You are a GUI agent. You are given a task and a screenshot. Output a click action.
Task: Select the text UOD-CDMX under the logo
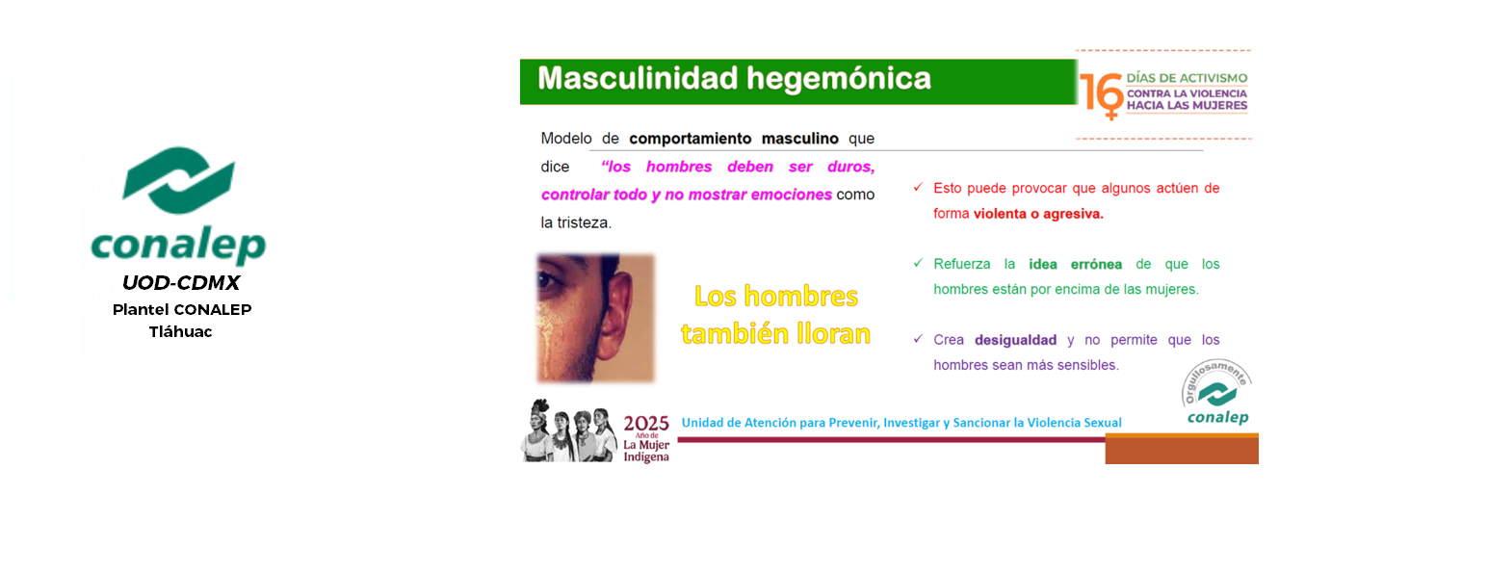tap(181, 283)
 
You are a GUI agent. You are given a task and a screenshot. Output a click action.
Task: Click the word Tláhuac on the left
tap(181, 332)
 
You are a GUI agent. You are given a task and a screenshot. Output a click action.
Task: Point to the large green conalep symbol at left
tap(179, 180)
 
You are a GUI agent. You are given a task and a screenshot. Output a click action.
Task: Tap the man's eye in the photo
tap(547, 280)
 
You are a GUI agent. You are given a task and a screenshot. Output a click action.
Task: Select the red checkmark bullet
tap(918, 187)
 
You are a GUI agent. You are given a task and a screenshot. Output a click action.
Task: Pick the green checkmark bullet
tap(918, 263)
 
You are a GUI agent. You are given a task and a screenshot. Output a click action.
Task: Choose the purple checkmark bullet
tap(918, 339)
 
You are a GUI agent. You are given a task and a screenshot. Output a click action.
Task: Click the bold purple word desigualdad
tap(1015, 340)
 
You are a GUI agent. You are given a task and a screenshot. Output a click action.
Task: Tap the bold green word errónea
tap(1096, 264)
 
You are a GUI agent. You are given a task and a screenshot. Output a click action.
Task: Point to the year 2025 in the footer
tap(645, 423)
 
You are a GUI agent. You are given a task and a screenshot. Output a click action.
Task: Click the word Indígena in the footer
tap(645, 456)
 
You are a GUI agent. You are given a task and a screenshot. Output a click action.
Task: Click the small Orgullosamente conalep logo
tap(1216, 392)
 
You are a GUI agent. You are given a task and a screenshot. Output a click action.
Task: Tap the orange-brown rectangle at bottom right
tap(1182, 449)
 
